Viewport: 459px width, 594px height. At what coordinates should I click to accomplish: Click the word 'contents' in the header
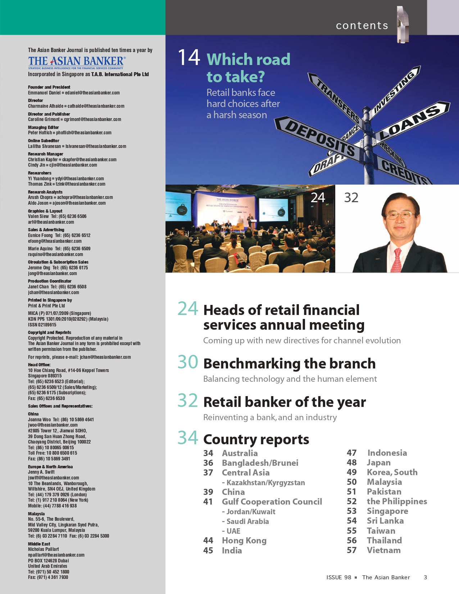point(362,25)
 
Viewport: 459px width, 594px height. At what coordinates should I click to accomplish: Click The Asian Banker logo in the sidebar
point(77,62)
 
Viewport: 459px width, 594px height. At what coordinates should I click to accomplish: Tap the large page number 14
point(189,57)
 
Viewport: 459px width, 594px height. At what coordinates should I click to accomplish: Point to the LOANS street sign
point(410,122)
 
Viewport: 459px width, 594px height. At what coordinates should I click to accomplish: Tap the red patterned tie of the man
point(397,260)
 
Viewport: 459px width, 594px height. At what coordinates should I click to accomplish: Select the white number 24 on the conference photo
point(318,198)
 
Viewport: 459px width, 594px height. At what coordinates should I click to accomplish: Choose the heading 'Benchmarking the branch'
point(289,363)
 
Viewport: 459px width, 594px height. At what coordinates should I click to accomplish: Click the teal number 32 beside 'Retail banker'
point(188,400)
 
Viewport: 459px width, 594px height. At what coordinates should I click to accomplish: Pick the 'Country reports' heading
point(256,439)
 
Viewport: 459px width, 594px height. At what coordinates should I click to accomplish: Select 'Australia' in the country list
point(240,453)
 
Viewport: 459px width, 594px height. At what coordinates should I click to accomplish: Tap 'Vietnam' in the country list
point(383,550)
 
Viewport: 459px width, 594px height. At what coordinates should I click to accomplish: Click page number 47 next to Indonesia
point(351,453)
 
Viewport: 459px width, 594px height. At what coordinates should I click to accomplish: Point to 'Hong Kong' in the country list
point(244,540)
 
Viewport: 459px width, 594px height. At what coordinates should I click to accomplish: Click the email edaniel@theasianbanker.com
point(92,93)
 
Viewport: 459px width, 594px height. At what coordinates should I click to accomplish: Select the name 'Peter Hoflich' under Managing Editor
point(40,133)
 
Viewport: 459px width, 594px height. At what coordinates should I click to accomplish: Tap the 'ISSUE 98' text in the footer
point(338,577)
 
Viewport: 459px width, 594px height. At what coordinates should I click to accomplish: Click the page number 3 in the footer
point(425,577)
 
